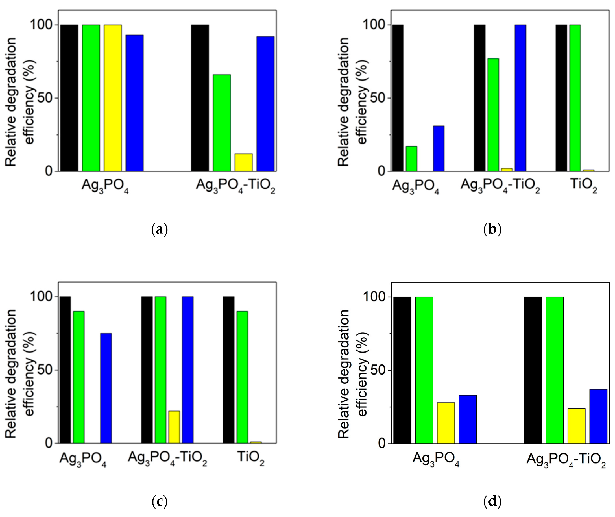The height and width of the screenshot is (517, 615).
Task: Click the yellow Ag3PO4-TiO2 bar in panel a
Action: pyautogui.click(x=243, y=163)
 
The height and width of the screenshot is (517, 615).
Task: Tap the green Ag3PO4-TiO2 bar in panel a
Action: pyautogui.click(x=222, y=123)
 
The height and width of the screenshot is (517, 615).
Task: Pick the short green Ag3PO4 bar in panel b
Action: pyautogui.click(x=411, y=159)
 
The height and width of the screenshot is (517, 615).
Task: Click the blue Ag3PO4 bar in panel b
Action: pyautogui.click(x=439, y=149)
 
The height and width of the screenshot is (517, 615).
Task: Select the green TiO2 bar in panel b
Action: pyautogui.click(x=575, y=98)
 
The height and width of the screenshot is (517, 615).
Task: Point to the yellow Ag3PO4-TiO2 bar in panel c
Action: pyautogui.click(x=174, y=427)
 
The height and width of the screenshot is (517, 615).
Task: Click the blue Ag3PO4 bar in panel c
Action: pyautogui.click(x=106, y=388)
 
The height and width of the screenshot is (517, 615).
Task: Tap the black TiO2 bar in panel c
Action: pyautogui.click(x=229, y=370)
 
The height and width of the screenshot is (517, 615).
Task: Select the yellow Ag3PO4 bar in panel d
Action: pyautogui.click(x=446, y=423)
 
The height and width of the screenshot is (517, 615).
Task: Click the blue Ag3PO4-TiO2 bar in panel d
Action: pyautogui.click(x=598, y=416)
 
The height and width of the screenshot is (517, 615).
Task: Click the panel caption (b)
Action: pyautogui.click(x=492, y=229)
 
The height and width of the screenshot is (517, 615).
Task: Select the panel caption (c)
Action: pyautogui.click(x=160, y=501)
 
